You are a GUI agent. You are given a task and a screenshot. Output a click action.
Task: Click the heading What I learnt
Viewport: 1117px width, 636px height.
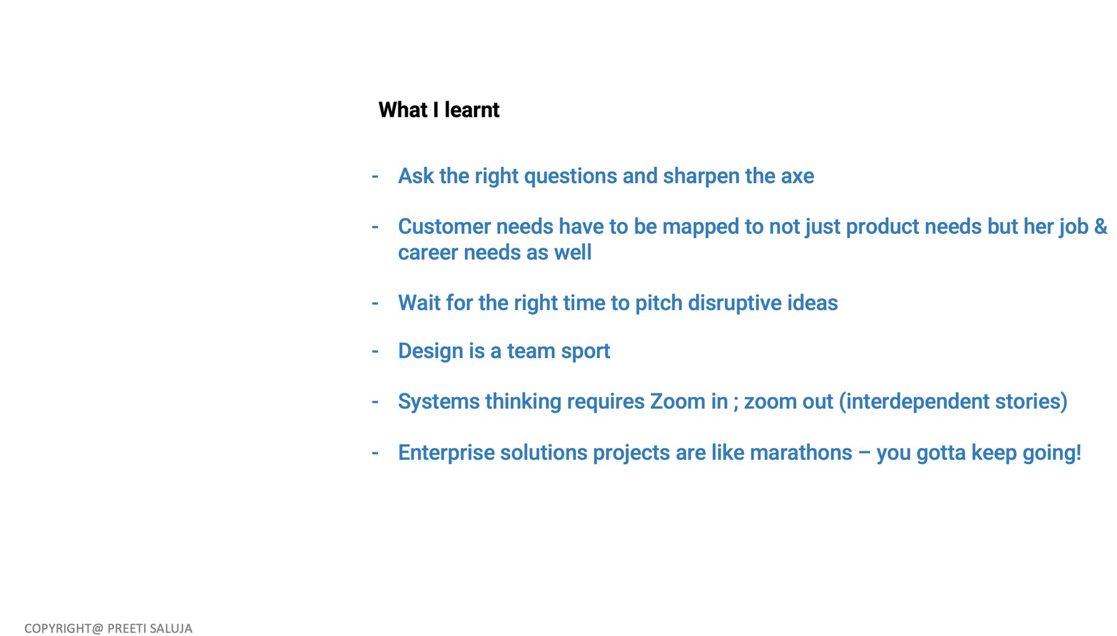coord(439,110)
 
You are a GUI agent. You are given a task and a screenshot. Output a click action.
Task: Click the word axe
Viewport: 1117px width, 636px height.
coord(797,177)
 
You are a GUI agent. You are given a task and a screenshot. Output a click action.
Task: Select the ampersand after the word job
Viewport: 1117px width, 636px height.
coord(1101,226)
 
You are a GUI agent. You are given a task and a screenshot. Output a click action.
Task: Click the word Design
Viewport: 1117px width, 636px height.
coord(431,352)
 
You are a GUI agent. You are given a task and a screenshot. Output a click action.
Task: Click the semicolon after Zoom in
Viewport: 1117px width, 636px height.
coord(736,404)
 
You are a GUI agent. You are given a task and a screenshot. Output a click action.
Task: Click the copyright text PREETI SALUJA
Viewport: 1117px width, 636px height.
coord(150,629)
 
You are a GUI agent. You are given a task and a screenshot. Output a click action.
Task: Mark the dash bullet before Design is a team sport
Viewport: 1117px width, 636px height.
coord(375,352)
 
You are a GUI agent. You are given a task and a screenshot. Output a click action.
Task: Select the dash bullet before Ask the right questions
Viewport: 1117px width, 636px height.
coord(375,177)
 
